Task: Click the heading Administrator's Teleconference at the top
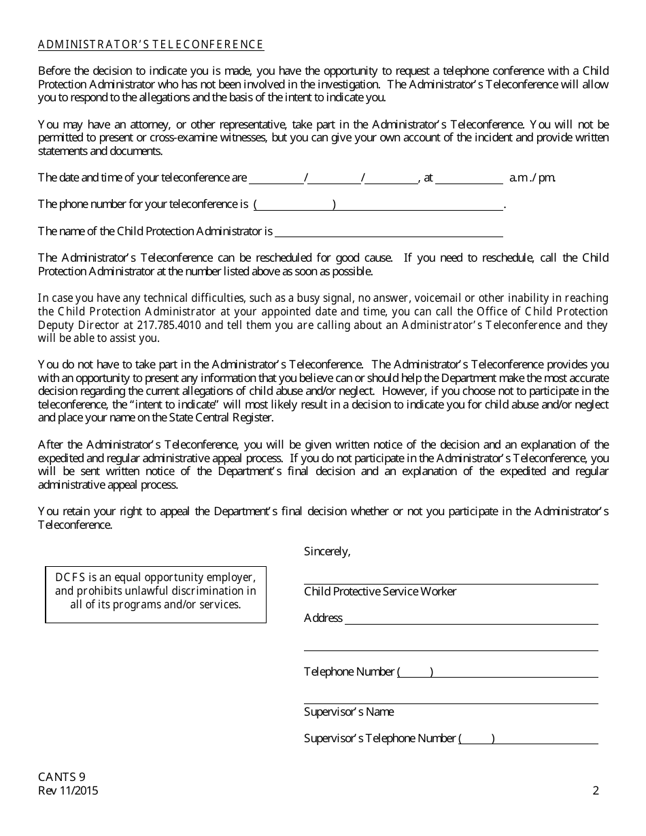pyautogui.click(x=151, y=45)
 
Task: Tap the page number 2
pyautogui.click(x=596, y=790)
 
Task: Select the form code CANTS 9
pyautogui.click(x=62, y=778)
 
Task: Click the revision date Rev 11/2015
pyautogui.click(x=69, y=790)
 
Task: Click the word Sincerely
pyautogui.click(x=327, y=551)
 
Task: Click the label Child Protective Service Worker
pyautogui.click(x=380, y=591)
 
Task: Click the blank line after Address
pyautogui.click(x=471, y=619)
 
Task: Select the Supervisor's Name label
pyautogui.click(x=349, y=712)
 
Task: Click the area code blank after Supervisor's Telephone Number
pyautogui.click(x=477, y=739)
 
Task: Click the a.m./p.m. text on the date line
pyautogui.click(x=532, y=178)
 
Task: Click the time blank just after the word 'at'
pyautogui.click(x=469, y=178)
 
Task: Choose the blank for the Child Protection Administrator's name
pyautogui.click(x=388, y=232)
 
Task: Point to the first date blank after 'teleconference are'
pyautogui.click(x=277, y=178)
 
